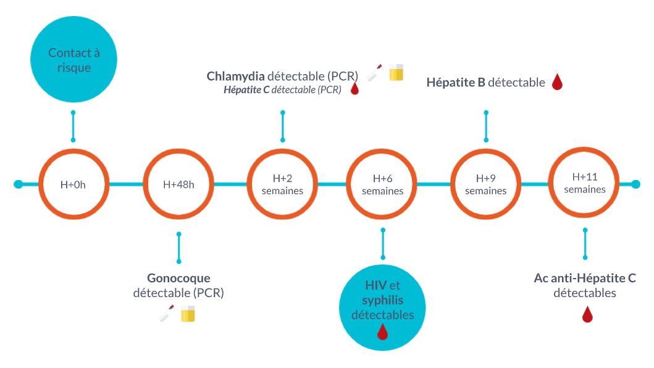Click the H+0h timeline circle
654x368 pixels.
point(74,184)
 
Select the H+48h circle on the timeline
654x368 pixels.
point(179,184)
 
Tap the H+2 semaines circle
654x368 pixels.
point(282,184)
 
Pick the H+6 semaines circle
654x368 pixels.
point(383,184)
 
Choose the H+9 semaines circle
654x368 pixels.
point(486,184)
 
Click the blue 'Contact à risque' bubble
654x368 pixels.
point(73,60)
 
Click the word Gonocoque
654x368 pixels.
point(178,278)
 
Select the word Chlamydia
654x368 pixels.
point(236,76)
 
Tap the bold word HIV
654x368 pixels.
point(376,285)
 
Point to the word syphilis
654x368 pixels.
point(383,300)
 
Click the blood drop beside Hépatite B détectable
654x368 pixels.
point(557,82)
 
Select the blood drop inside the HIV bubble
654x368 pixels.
point(383,332)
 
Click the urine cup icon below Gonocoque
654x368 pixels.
point(188,314)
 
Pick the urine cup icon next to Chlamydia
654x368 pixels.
point(396,73)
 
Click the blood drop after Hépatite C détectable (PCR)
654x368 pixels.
point(354,89)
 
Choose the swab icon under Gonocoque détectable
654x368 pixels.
point(167,313)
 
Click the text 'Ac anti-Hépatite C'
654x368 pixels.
point(585,278)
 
